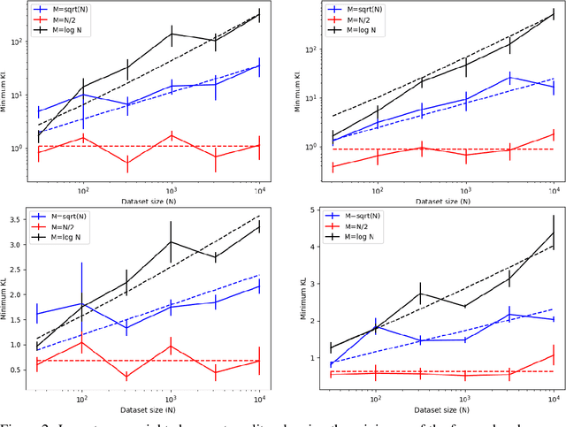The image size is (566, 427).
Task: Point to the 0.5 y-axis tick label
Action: (15, 369)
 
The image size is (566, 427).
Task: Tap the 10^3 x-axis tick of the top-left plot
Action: (171, 192)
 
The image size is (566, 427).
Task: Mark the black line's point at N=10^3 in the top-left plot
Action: (171, 34)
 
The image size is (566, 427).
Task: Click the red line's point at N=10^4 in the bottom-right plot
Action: (552, 355)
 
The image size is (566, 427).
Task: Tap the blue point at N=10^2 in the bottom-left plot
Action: (82, 304)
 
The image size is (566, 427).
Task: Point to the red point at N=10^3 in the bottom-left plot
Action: (171, 346)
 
